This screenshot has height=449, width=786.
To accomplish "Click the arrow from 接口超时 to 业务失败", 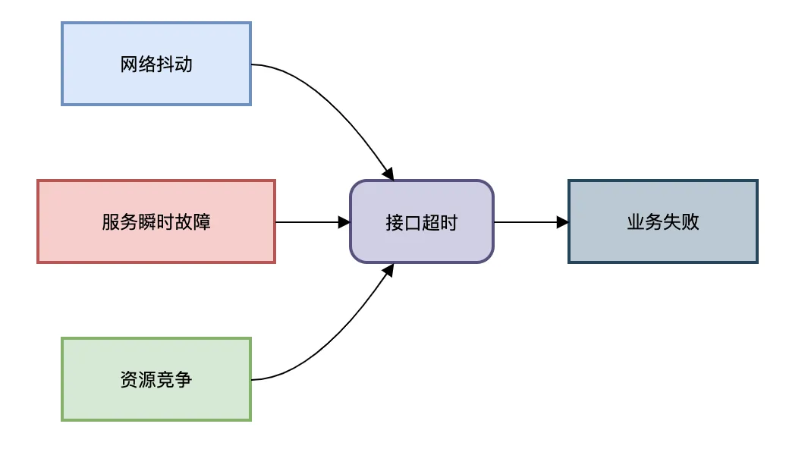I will point(527,222).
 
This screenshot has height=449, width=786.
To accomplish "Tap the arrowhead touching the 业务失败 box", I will point(562,222).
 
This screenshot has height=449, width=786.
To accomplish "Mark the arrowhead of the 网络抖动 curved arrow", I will point(389,174).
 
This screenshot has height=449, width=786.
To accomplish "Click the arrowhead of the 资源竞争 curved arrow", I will point(389,269).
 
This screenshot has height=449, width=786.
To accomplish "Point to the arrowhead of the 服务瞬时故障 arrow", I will point(344,222).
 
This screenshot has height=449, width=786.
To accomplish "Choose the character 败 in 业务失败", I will point(690,222).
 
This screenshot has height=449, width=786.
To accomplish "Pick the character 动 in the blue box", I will point(183,64).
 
